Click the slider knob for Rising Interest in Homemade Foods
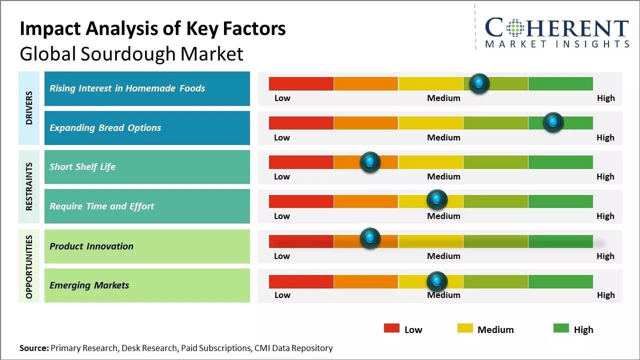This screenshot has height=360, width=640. pos(479,83)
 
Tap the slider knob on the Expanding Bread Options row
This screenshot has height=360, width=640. pos(553,122)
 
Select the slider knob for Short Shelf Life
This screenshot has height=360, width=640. pos(370,161)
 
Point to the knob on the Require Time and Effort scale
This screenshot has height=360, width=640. pos(436,200)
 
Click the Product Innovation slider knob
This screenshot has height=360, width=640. pos(370,238)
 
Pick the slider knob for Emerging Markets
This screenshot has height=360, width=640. pos(436,281)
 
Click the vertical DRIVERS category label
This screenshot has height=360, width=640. pos(29,107)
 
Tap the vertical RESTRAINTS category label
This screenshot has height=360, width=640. pos(29,186)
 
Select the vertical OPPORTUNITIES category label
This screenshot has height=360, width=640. pos(29,266)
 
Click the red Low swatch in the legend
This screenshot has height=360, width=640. pos(391,328)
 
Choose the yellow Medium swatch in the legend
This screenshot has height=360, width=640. pos(465,328)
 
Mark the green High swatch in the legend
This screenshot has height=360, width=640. pos(561,328)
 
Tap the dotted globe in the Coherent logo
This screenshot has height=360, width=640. pos(514,28)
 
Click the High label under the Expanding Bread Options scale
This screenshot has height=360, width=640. pos(605,137)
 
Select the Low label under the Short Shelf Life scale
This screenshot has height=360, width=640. pos(282,176)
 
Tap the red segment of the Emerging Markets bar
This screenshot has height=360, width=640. pos(301,281)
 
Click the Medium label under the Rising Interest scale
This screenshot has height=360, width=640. pos(443,98)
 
